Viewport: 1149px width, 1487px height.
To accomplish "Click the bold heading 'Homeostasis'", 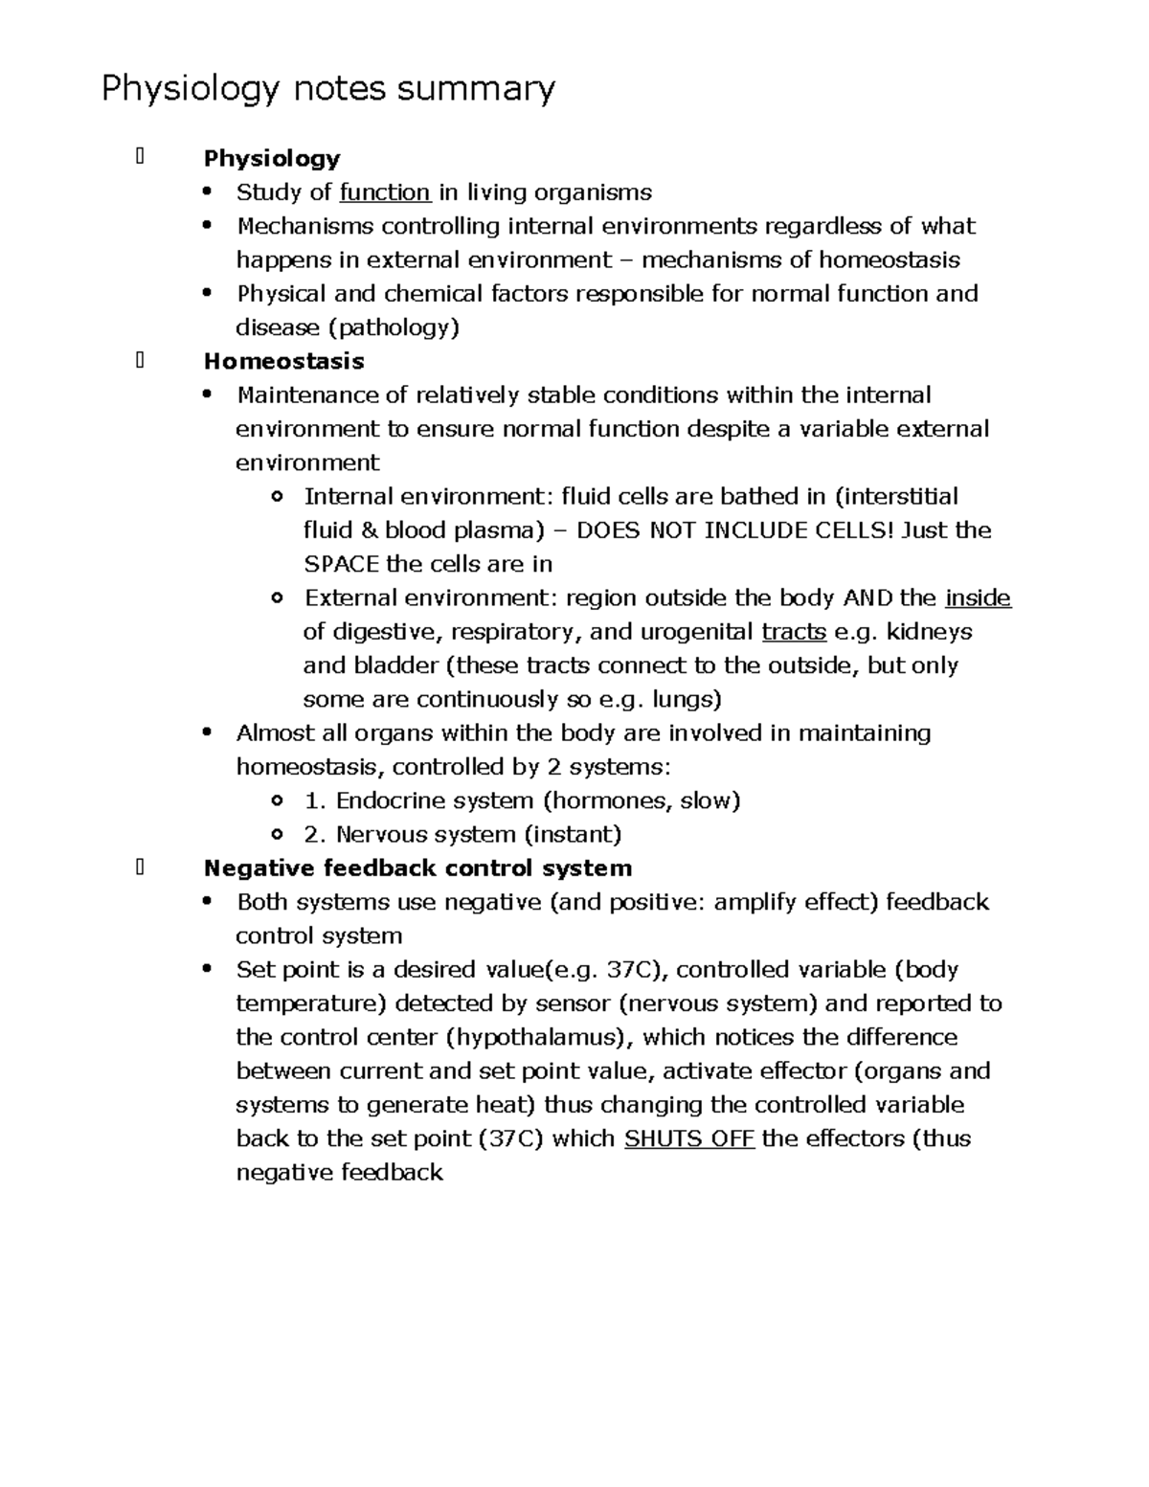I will [283, 361].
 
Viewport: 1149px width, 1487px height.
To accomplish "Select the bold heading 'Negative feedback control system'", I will [417, 868].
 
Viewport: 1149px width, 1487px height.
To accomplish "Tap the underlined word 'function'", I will [385, 192].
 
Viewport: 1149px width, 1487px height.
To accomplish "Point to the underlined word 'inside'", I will [978, 598].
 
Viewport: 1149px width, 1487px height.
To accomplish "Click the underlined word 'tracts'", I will [794, 632].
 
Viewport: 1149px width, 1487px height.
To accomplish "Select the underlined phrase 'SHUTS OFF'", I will [689, 1138].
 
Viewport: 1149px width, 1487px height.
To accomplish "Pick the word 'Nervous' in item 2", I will [380, 834].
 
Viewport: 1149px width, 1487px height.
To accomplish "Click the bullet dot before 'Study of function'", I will [208, 192].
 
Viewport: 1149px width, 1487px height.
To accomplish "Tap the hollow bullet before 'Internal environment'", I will [277, 497].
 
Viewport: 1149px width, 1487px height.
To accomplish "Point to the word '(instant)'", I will [572, 834].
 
